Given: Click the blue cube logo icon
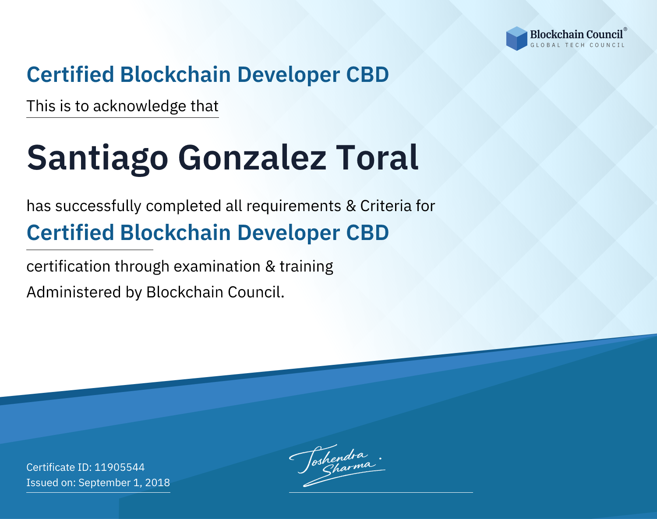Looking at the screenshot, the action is click(x=516, y=39).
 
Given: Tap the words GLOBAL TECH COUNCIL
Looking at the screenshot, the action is click(x=577, y=45).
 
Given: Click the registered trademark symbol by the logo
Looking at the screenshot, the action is click(x=625, y=29).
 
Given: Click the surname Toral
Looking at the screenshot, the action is click(x=377, y=158).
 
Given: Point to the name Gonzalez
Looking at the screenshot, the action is click(x=252, y=158).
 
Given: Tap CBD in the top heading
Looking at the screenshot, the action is click(x=367, y=74).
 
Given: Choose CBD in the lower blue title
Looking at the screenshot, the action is click(x=367, y=233).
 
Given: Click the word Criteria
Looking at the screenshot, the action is click(x=386, y=206).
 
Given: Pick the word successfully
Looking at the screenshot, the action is click(x=98, y=206).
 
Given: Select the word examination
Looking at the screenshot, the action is click(x=217, y=267).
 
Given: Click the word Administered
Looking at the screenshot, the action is click(x=74, y=292).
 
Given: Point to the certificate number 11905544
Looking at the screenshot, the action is click(x=120, y=467).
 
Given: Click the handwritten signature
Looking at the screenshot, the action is click(x=337, y=465).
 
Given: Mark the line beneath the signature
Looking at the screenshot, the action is click(x=381, y=492).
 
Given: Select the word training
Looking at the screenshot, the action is click(x=306, y=267).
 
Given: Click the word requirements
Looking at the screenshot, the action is click(x=294, y=206).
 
